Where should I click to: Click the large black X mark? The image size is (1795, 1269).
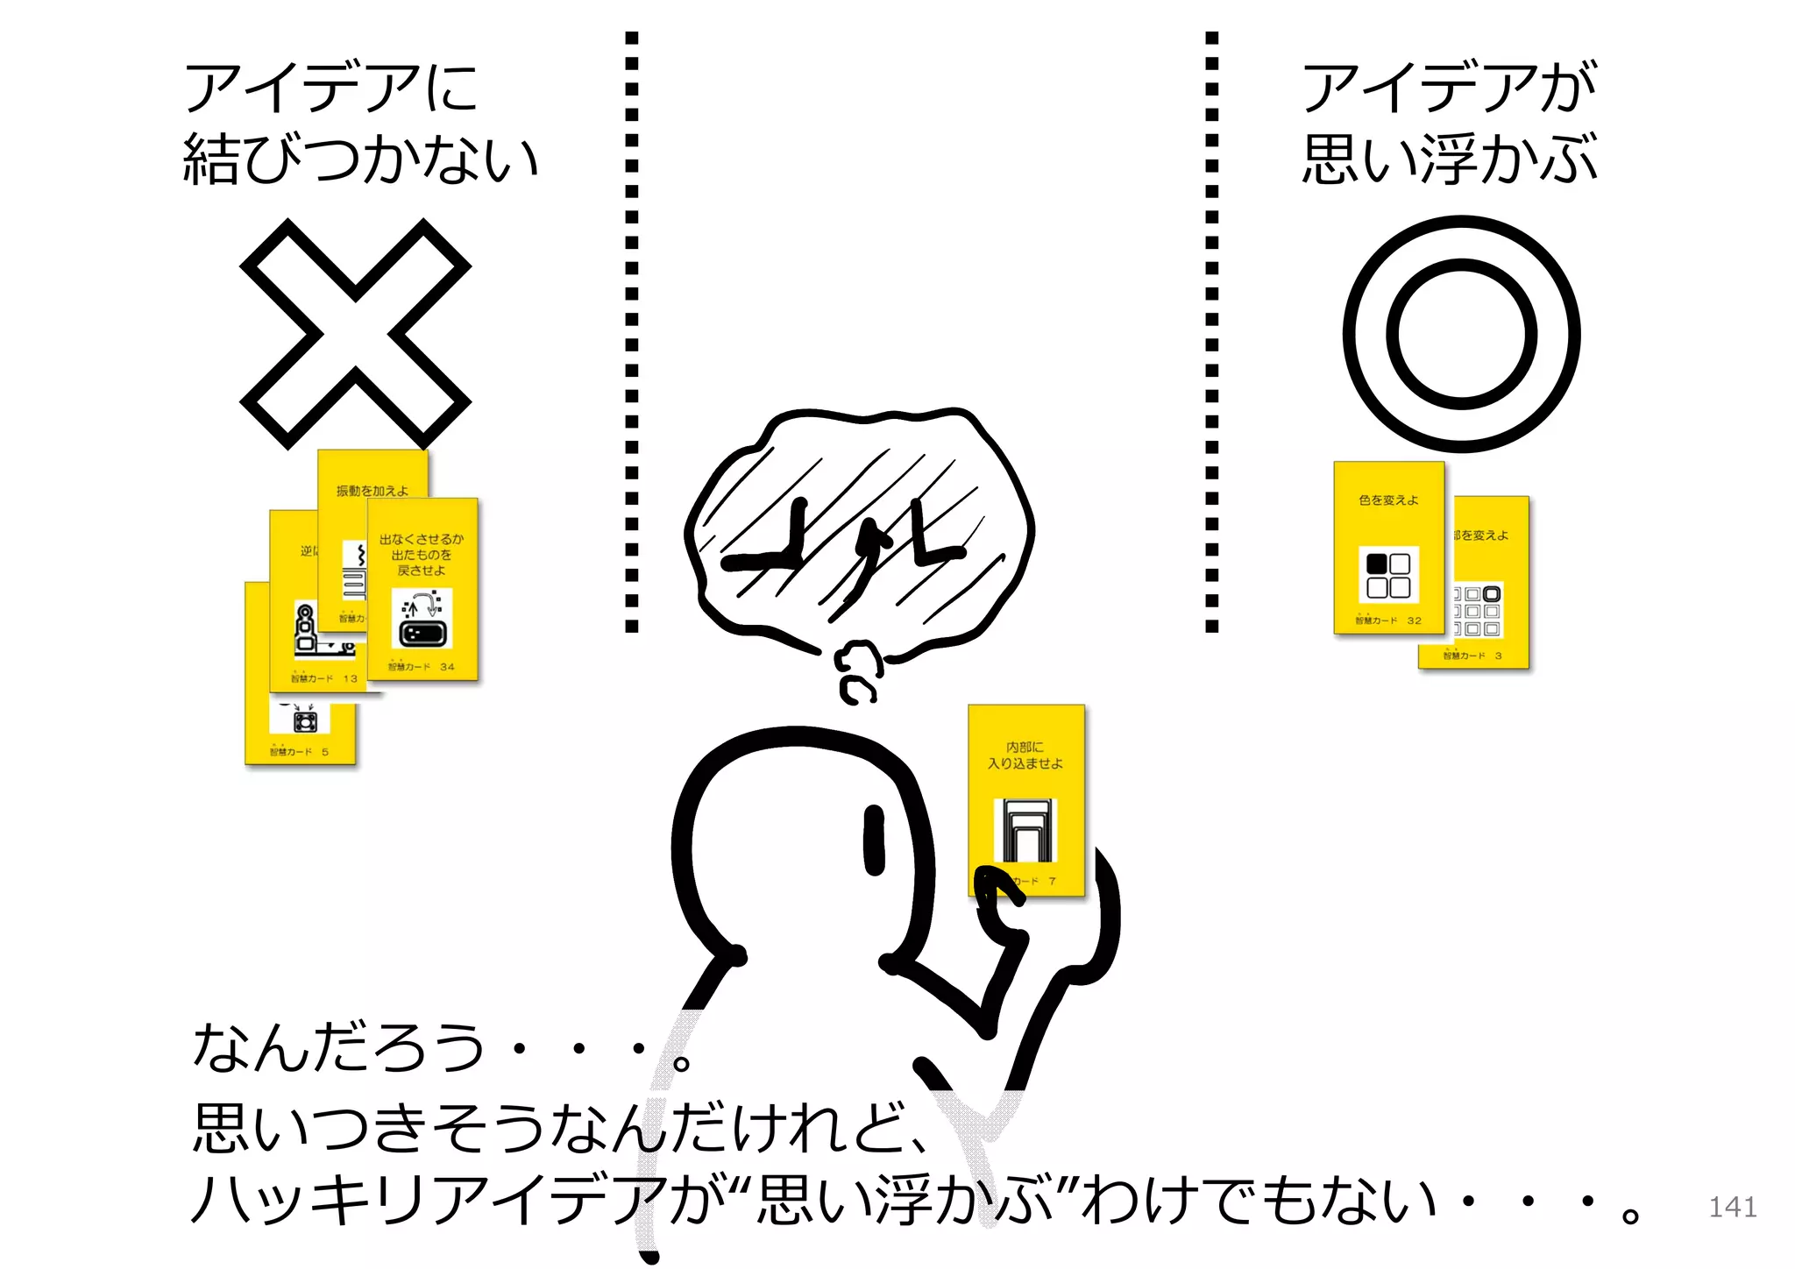(355, 334)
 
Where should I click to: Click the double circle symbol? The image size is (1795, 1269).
(1461, 334)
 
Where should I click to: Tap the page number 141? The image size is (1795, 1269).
(1732, 1207)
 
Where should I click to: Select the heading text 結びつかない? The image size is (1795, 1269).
(360, 160)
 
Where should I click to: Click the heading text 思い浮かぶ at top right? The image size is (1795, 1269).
(1450, 160)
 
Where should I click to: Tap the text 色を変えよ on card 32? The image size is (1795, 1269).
(1388, 500)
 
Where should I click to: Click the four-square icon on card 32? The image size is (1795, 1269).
(1388, 575)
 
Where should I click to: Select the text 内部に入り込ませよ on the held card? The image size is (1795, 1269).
(1025, 755)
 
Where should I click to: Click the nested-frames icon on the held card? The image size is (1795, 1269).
(1025, 830)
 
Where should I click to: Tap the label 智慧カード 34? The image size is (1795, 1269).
(422, 667)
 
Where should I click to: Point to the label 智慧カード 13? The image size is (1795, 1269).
(324, 678)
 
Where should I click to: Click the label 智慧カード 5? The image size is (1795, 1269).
(299, 752)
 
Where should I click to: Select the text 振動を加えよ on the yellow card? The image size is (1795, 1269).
(372, 491)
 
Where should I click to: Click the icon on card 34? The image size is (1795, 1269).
(422, 619)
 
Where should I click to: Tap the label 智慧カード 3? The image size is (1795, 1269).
(1472, 656)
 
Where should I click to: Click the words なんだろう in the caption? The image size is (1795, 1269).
(337, 1047)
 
